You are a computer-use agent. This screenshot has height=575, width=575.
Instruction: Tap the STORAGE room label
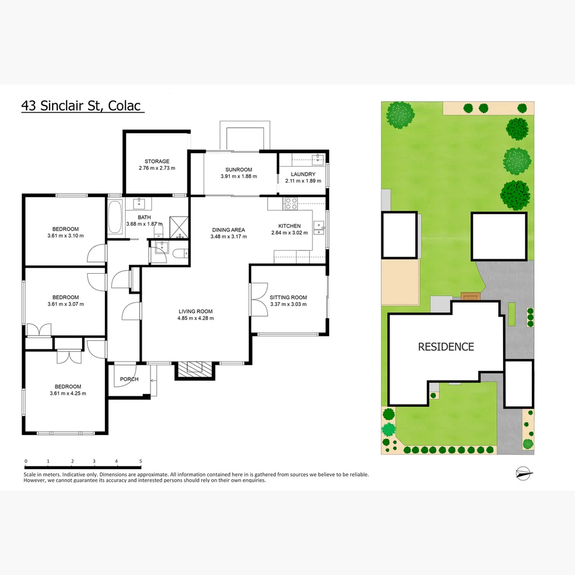pos(157,161)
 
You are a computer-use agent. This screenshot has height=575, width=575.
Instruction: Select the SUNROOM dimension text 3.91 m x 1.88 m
pos(239,176)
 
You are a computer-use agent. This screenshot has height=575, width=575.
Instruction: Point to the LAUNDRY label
pos(303,174)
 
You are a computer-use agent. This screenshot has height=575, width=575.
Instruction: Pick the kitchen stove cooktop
pos(291,202)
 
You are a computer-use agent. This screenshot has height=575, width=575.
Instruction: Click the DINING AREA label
pos(228,230)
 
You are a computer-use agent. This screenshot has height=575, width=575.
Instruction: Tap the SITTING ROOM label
pos(288,298)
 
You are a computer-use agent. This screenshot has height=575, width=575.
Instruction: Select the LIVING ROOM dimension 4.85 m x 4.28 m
pos(195,318)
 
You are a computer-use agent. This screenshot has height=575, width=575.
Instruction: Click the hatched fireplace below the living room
pos(195,368)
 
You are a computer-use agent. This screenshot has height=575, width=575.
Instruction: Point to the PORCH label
pos(129,379)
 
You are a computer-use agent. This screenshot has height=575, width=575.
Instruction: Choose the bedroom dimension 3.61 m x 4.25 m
pos(67,393)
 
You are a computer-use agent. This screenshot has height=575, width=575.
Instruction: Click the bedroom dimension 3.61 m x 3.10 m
pos(65,236)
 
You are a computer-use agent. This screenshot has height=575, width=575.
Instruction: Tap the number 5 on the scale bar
pos(141,461)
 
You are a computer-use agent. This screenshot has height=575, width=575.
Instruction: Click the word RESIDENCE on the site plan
pos(446,347)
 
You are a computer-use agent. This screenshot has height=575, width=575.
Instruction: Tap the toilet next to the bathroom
pos(181,254)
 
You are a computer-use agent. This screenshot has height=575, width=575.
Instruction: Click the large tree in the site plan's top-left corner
pos(400,114)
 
